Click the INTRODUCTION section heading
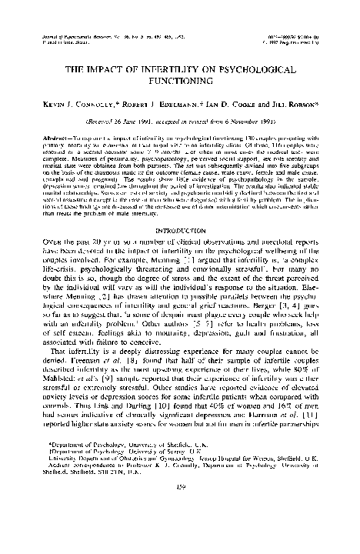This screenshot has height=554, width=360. [179, 229]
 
